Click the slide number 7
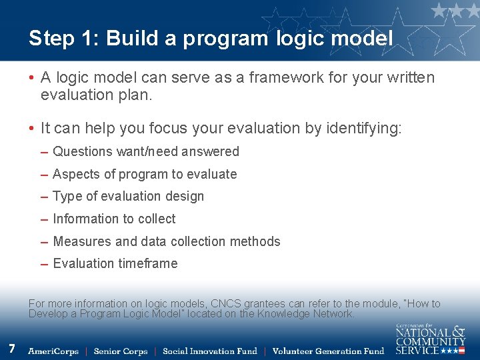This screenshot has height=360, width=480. coord(12,348)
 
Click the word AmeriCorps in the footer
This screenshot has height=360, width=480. coord(53,351)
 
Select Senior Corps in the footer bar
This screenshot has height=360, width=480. coord(120,351)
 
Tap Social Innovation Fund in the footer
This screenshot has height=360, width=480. coord(209,351)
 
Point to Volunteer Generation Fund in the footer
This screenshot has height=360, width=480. coord(328,351)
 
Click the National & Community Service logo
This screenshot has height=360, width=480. coord(430,339)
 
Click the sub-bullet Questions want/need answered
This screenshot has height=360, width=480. coord(145,151)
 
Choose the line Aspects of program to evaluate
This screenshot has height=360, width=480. coord(145,174)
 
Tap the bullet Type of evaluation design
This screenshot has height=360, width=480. coord(128,196)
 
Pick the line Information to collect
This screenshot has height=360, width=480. coord(114,219)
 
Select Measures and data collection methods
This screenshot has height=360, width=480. coord(167,241)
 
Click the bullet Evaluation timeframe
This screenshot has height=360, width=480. coord(115,263)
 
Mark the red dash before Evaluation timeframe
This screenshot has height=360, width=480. coord(44,264)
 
